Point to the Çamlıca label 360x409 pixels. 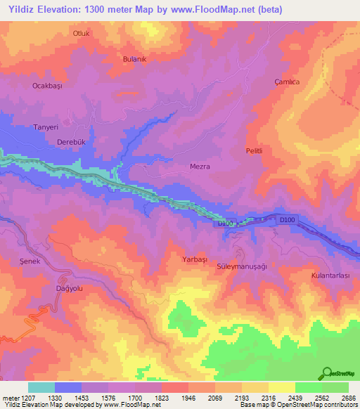tap(287, 82)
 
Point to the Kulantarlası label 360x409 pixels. tap(330, 276)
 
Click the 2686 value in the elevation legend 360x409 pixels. tap(349, 397)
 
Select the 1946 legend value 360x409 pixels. tap(189, 397)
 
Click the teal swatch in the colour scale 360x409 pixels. tap(41, 387)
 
